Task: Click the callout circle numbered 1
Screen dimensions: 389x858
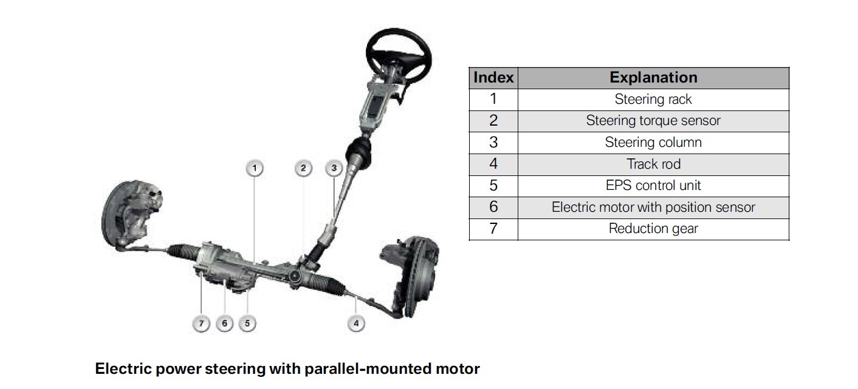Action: pos(255,168)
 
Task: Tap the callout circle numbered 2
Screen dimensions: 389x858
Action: pos(303,168)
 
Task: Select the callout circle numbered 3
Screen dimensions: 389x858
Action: pos(334,168)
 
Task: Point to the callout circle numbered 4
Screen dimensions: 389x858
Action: pos(355,323)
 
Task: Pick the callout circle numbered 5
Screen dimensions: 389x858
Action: pos(247,323)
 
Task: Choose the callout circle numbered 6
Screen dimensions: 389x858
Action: pos(224,323)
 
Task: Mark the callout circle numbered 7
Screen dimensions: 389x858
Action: pos(201,323)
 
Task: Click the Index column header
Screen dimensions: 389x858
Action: pos(493,78)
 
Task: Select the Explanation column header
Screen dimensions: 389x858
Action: pos(653,78)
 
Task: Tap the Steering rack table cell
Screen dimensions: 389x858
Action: pos(653,99)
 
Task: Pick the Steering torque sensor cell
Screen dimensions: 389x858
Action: pos(653,121)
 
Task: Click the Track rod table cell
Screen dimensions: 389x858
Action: pos(653,164)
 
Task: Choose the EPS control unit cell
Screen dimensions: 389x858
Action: pos(653,185)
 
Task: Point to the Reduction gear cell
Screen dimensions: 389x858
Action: pos(653,229)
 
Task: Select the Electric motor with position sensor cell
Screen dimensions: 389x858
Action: pos(653,207)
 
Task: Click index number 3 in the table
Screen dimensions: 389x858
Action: pos(493,142)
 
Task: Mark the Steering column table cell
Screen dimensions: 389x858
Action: pos(653,142)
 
